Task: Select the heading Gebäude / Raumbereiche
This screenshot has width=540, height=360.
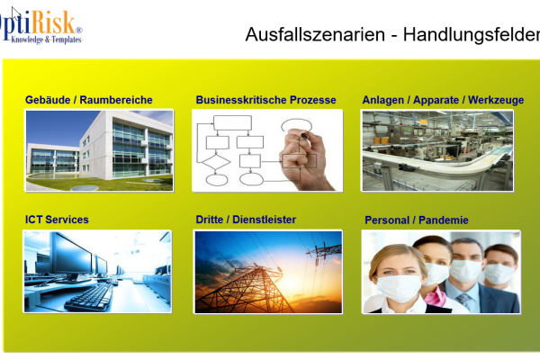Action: coord(89,100)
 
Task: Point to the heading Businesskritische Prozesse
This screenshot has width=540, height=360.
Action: coord(265,100)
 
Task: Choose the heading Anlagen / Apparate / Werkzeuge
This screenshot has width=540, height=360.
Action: coord(443,100)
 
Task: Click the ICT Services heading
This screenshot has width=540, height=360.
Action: coord(57,220)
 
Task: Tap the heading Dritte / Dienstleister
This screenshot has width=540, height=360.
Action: coord(246,220)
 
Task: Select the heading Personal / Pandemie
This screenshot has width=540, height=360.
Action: coord(417,220)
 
